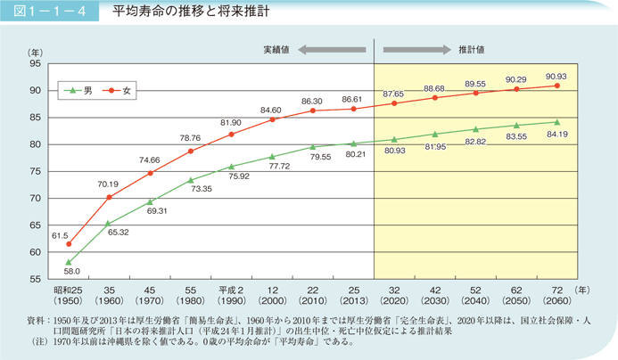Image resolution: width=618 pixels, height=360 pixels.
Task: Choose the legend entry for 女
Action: pyautogui.click(x=119, y=90)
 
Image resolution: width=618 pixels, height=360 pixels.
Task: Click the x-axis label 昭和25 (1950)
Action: pyautogui.click(x=69, y=296)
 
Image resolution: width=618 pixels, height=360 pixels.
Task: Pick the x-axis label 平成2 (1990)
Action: pyautogui.click(x=231, y=296)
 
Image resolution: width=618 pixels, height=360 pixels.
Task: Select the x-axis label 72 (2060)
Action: pyautogui.click(x=557, y=296)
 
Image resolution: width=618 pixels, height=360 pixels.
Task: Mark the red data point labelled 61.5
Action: pyautogui.click(x=69, y=243)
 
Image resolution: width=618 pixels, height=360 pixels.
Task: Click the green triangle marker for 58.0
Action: pyautogui.click(x=69, y=262)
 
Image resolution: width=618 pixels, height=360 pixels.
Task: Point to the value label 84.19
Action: pyautogui.click(x=556, y=134)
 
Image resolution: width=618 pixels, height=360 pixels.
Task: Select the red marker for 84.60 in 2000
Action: pyautogui.click(x=272, y=119)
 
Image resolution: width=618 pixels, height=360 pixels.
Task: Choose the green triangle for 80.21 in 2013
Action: pyautogui.click(x=354, y=143)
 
